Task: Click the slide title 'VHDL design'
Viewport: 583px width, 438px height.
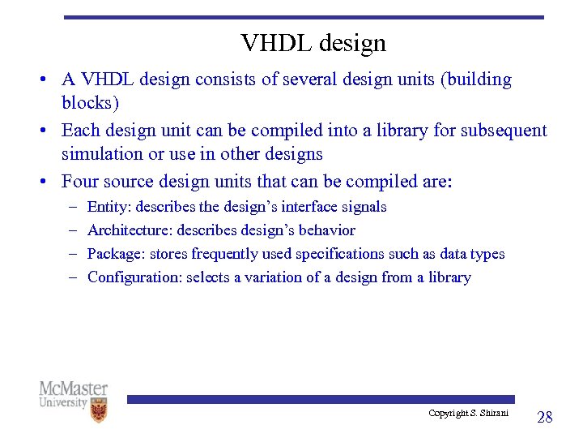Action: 313,43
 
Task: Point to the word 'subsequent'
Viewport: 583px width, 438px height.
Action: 506,131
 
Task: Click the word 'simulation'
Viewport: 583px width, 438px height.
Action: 103,154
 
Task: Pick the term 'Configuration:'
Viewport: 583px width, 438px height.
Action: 134,277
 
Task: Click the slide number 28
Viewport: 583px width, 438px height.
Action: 545,417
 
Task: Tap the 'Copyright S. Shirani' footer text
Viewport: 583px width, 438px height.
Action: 469,414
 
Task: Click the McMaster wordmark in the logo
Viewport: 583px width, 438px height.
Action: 73,389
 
